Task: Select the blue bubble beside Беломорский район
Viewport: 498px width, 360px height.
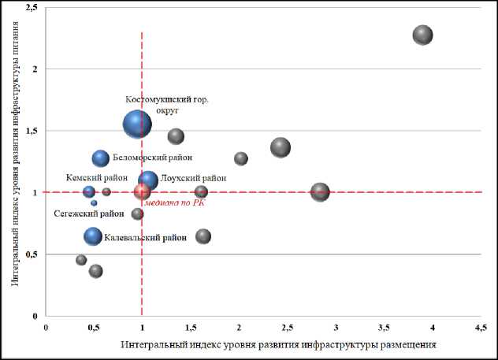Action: tap(101, 158)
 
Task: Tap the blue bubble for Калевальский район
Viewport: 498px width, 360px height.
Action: tap(93, 236)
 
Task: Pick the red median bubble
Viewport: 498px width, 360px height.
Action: tap(142, 191)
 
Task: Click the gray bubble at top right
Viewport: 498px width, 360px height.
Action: tap(423, 35)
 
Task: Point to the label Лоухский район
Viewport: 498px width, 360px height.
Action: tap(193, 179)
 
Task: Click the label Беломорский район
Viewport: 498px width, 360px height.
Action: tap(147, 158)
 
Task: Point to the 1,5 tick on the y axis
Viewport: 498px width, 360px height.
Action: tap(32, 131)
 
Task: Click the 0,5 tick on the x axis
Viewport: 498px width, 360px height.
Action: tap(94, 327)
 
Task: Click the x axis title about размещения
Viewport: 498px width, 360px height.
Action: tap(278, 345)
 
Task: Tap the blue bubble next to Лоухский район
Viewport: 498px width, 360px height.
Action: tap(148, 180)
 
